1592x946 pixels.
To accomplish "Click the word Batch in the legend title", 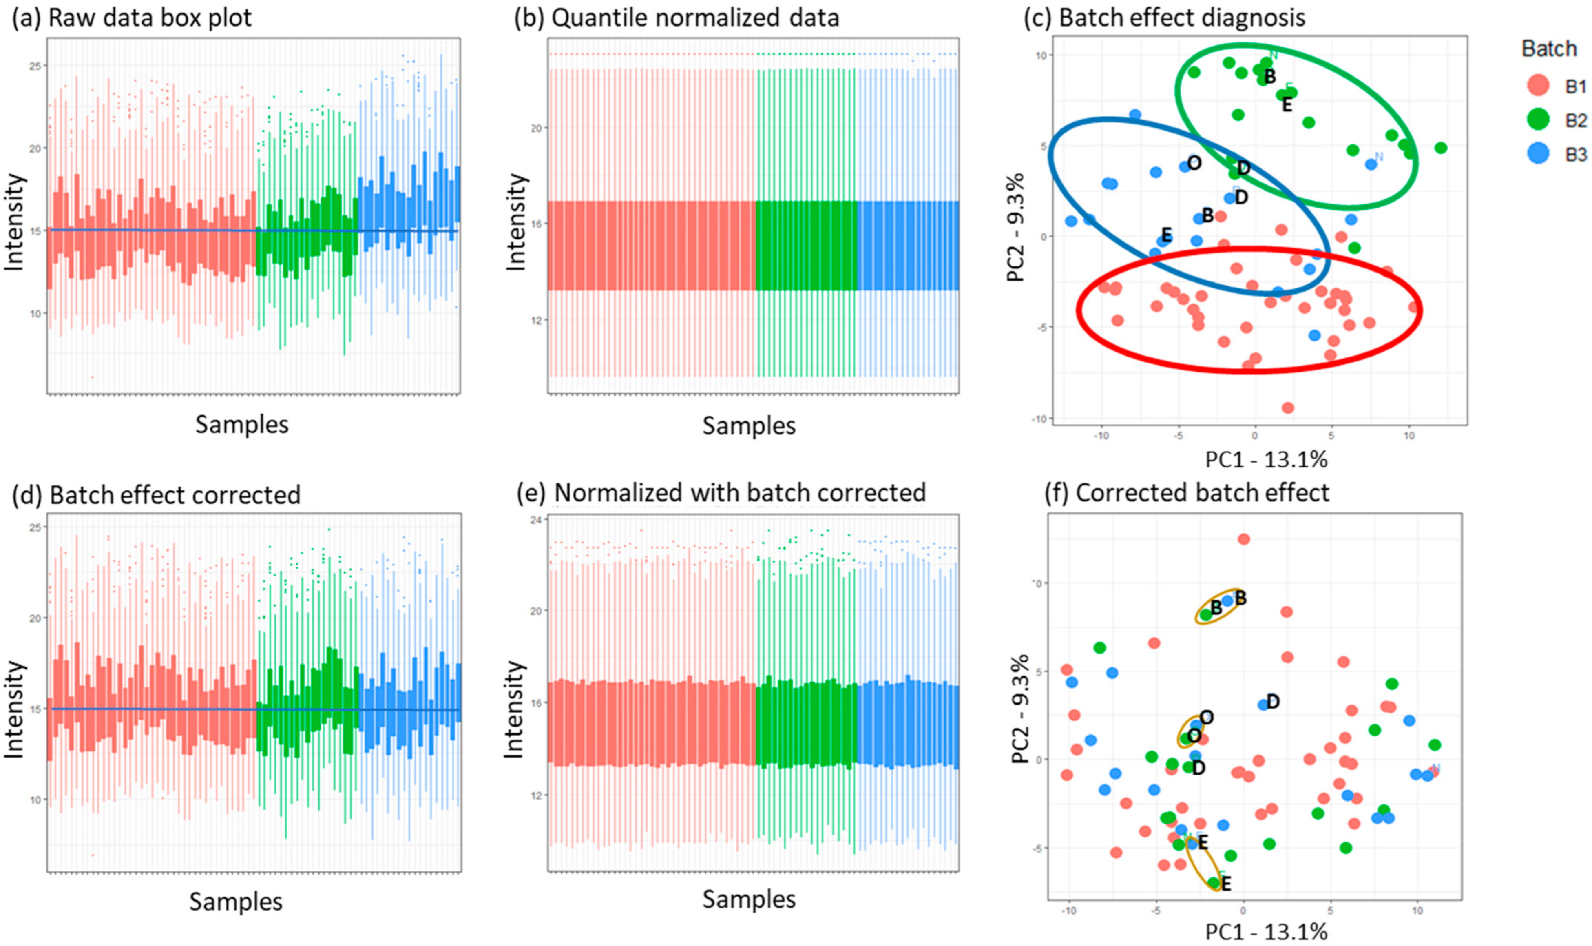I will click(1549, 49).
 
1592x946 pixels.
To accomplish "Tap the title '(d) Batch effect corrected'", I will click(156, 495).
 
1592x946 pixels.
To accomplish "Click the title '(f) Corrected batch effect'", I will click(1186, 493).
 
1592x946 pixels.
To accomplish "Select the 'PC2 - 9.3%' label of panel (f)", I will click(1020, 709).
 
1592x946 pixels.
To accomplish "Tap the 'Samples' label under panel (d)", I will click(236, 902).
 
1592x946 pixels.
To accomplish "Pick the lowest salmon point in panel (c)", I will click(1287, 408).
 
